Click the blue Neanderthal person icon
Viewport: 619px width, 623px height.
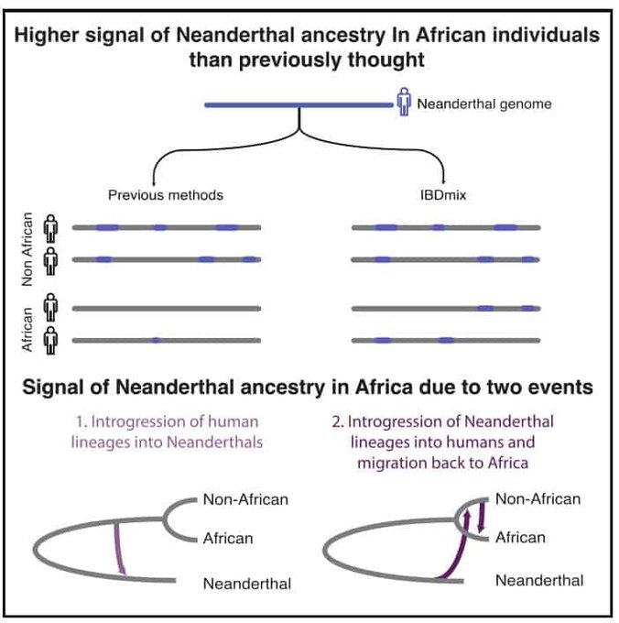click(x=403, y=103)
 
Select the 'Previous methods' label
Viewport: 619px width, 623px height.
click(x=166, y=195)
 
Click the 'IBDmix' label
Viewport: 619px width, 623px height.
click(x=444, y=195)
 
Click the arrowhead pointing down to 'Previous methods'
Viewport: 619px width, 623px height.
click(x=153, y=180)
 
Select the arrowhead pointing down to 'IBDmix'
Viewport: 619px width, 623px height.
click(x=444, y=180)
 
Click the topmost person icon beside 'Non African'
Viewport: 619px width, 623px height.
click(x=52, y=226)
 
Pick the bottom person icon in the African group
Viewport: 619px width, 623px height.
click(x=52, y=340)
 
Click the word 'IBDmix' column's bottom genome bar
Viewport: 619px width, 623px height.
click(x=445, y=341)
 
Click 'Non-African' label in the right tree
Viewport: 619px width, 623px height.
click(x=538, y=499)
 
